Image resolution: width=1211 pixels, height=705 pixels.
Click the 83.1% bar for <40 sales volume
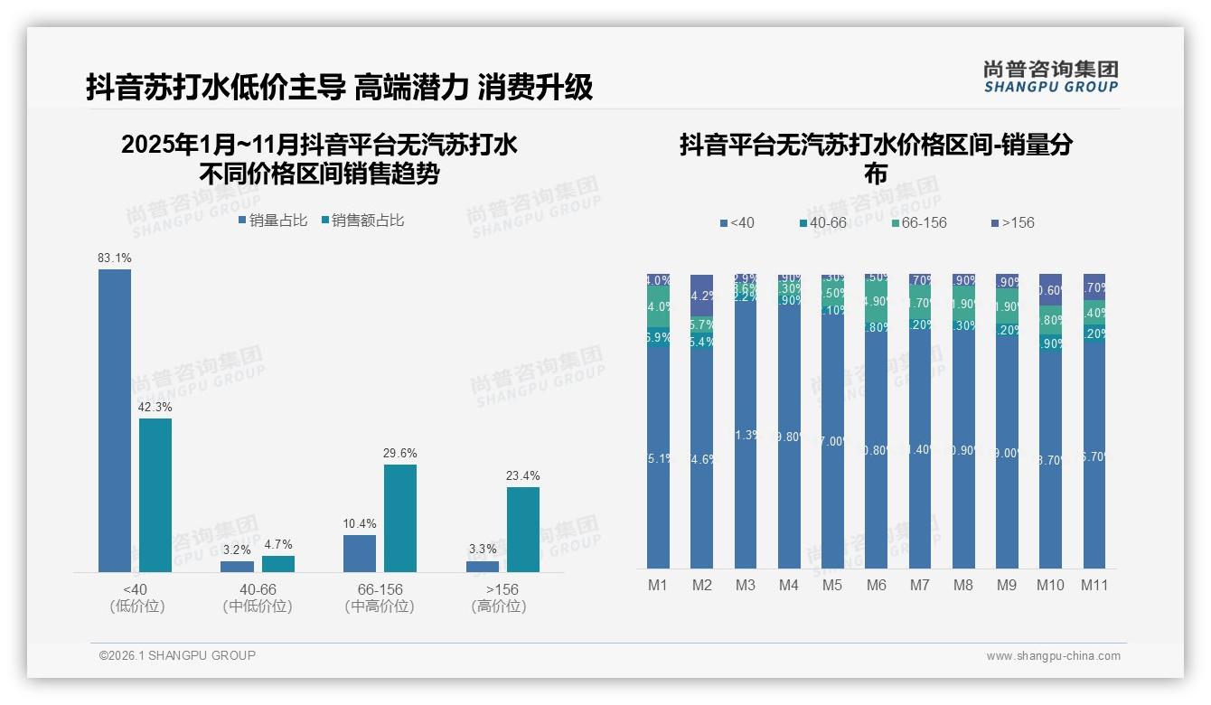point(115,420)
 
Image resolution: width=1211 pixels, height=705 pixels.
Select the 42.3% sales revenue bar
point(155,494)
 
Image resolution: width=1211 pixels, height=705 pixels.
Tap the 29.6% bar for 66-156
point(400,518)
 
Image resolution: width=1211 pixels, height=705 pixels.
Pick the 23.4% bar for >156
point(522,530)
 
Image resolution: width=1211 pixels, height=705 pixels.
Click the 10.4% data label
point(360,524)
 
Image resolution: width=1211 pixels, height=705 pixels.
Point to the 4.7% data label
point(277,545)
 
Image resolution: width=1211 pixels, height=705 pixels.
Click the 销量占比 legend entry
point(273,220)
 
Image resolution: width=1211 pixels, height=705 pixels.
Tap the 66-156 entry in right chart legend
point(917,222)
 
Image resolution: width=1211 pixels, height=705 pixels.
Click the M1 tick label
point(658,585)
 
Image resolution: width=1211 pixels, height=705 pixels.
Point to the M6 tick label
point(876,585)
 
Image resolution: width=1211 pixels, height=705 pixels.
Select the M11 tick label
point(1094,585)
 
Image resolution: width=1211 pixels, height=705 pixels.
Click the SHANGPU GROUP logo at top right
point(1050,77)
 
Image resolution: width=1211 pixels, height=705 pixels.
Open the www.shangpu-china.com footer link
point(1053,656)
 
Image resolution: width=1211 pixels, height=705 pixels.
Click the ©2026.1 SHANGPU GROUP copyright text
point(177,655)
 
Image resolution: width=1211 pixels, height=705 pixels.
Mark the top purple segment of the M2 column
point(701,295)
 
